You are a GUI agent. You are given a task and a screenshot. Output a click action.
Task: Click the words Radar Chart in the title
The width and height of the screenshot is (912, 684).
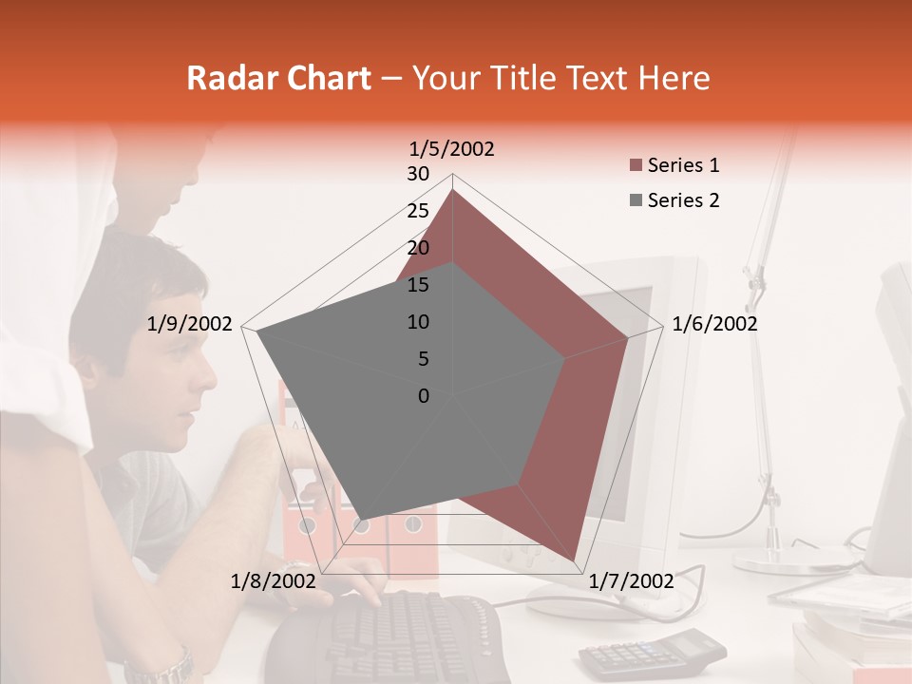coord(278,79)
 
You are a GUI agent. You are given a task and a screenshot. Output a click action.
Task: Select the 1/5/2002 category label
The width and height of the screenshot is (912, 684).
coord(452,149)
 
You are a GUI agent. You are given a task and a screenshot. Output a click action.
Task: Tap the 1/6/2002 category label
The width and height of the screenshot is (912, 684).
coord(714,324)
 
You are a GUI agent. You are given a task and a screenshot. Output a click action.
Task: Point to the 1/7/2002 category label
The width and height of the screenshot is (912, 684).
coord(632,580)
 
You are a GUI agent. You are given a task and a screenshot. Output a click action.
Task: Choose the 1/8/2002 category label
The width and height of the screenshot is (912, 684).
coord(273,580)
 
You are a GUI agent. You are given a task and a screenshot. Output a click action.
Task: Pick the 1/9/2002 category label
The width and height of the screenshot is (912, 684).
coord(190,324)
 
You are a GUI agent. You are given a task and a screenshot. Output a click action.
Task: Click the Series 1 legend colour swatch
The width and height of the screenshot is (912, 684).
coord(636,166)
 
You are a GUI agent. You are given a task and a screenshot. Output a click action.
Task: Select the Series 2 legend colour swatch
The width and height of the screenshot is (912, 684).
coord(636,200)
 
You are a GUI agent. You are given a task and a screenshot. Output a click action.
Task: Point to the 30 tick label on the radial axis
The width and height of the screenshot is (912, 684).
coord(417,174)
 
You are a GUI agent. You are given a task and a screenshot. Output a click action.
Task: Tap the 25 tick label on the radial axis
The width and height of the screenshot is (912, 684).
coord(417,211)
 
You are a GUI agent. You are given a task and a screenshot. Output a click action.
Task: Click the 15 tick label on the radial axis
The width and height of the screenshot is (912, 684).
coord(417,285)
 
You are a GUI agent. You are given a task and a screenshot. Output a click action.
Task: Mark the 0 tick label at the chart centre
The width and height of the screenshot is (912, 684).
coord(424,396)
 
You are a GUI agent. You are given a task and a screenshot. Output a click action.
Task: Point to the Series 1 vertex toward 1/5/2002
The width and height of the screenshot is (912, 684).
coord(452,190)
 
